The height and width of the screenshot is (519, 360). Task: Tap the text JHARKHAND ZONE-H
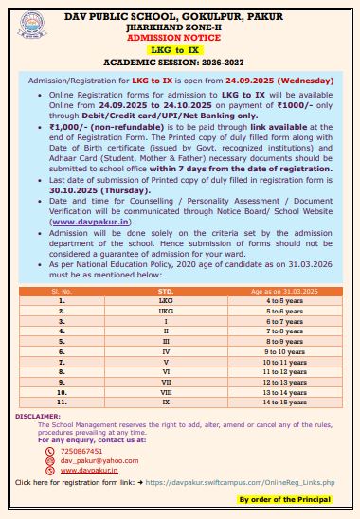(180, 26)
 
